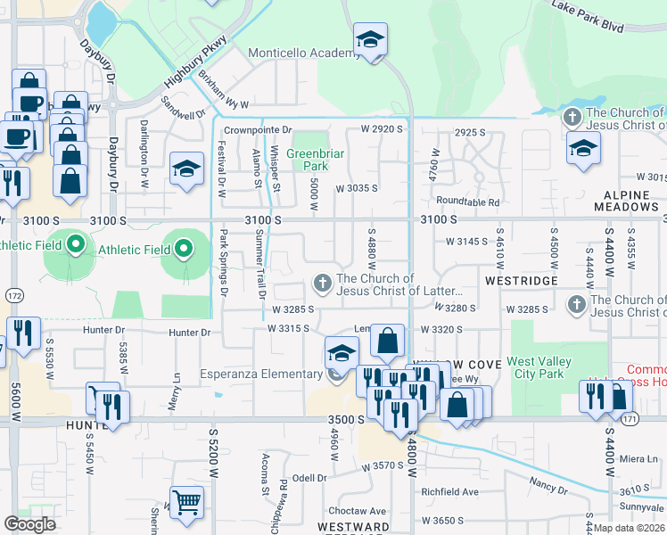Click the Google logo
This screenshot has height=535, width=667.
pos(29,523)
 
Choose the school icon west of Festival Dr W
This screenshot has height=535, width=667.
pos(185,169)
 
